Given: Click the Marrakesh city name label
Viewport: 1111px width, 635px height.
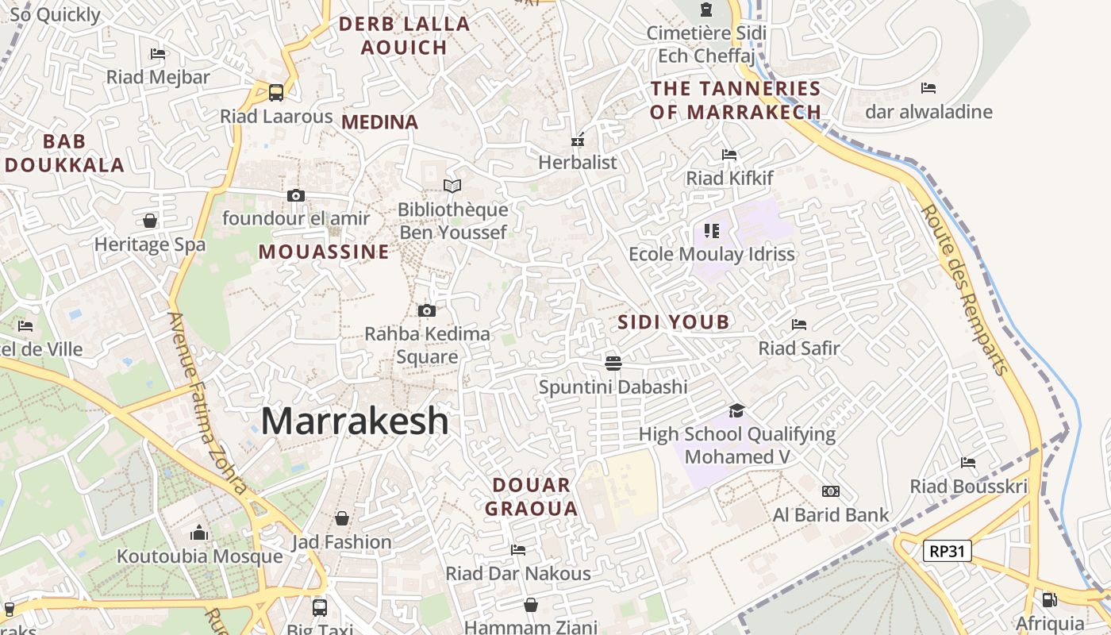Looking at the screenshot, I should pyautogui.click(x=355, y=421).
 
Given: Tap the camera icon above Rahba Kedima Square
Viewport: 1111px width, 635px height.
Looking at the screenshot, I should pyautogui.click(x=427, y=310).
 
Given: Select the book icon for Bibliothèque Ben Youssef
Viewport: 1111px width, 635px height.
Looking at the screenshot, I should pyautogui.click(x=452, y=186).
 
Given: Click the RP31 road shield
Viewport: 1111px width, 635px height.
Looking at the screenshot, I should pyautogui.click(x=948, y=551).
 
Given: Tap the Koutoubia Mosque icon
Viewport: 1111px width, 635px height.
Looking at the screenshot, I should pyautogui.click(x=199, y=533).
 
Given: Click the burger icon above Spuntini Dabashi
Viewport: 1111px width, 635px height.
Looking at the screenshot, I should pyautogui.click(x=613, y=364).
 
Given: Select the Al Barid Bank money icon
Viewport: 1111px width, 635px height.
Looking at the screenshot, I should pyautogui.click(x=831, y=491).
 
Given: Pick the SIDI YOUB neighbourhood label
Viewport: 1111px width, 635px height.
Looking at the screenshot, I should pyautogui.click(x=673, y=322).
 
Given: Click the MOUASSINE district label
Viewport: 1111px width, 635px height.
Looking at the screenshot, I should pyautogui.click(x=324, y=252).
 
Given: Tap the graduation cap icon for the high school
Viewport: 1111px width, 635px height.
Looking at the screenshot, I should pyautogui.click(x=737, y=410).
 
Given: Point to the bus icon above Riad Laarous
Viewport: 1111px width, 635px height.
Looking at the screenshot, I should pyautogui.click(x=276, y=93).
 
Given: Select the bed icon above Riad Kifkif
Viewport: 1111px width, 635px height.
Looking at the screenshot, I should pyautogui.click(x=729, y=155).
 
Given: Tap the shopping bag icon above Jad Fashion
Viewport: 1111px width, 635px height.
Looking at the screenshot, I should pyautogui.click(x=341, y=518).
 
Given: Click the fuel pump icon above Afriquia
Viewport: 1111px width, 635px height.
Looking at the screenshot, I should pyautogui.click(x=1049, y=600).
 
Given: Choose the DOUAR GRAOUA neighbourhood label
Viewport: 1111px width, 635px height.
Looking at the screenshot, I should pyautogui.click(x=531, y=497).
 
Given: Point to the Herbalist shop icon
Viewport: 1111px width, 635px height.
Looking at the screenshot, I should pyautogui.click(x=578, y=140).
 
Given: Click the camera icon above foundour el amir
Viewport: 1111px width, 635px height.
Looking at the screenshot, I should pyautogui.click(x=295, y=195).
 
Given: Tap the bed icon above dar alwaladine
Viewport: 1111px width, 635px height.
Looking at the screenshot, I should pyautogui.click(x=928, y=88).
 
